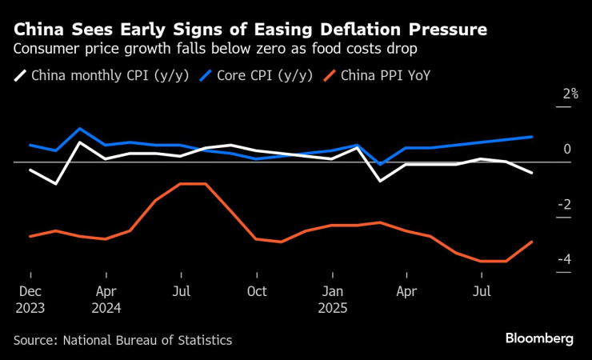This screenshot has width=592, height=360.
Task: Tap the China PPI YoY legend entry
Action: click(384, 77)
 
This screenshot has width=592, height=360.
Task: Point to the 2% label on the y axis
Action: click(570, 94)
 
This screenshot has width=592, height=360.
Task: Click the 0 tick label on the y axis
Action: click(566, 150)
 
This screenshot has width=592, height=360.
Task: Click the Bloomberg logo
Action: click(538, 339)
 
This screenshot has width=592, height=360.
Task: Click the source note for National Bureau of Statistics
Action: click(122, 340)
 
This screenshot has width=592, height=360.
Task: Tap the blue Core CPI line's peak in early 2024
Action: click(80, 129)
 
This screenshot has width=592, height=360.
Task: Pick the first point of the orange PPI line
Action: click(30, 236)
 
